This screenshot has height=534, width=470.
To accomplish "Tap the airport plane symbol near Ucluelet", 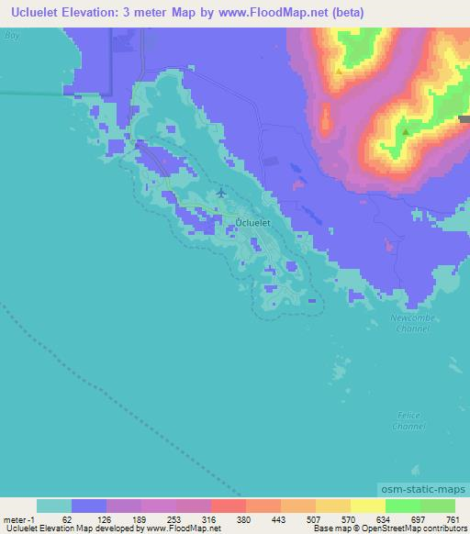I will [x=221, y=193].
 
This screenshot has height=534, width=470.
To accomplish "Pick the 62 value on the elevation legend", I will [x=67, y=518].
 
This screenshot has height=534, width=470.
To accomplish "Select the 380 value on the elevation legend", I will [x=241, y=518].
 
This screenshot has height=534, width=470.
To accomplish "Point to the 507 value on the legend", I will [x=310, y=518].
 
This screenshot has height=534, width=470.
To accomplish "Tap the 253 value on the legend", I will [x=172, y=518].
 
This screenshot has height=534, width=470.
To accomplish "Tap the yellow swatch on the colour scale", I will [x=368, y=506].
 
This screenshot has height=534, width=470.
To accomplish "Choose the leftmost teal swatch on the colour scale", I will [x=54, y=506].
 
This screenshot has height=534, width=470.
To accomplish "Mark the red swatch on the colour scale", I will [x=229, y=506].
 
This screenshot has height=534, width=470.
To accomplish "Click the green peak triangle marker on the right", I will [x=405, y=131].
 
